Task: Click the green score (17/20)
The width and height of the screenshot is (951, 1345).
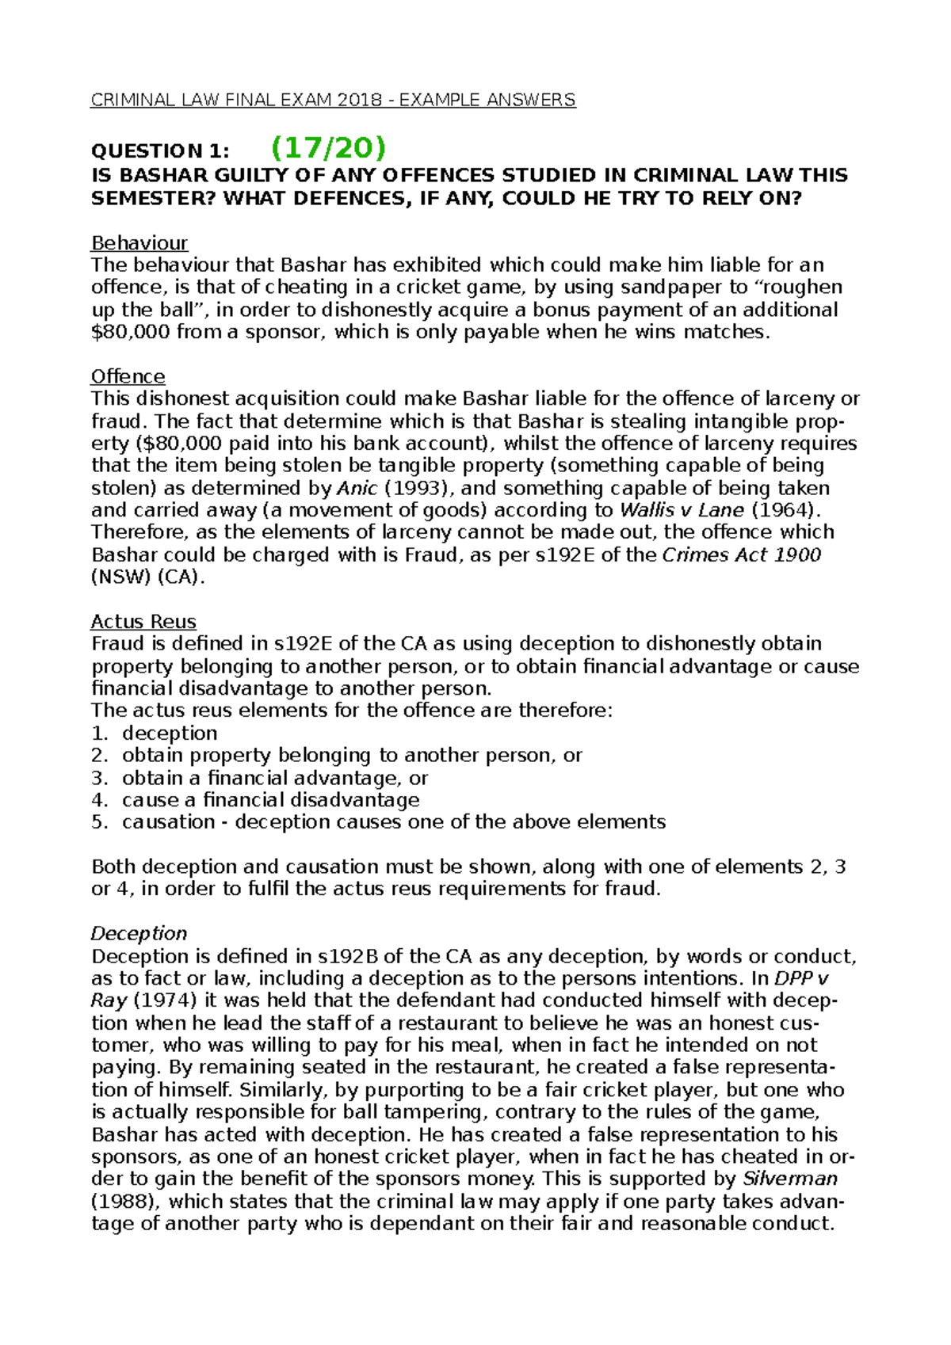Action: pyautogui.click(x=327, y=147)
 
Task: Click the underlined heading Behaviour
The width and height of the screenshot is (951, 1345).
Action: pyautogui.click(x=139, y=242)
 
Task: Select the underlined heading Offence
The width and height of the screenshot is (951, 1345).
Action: pyautogui.click(x=128, y=376)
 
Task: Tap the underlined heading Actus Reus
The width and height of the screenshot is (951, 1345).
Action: pyautogui.click(x=143, y=621)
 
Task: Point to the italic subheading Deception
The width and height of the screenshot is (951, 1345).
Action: pyautogui.click(x=139, y=933)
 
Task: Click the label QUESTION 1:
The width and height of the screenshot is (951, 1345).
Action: pyautogui.click(x=160, y=151)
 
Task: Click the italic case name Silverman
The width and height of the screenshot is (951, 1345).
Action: pyautogui.click(x=789, y=1179)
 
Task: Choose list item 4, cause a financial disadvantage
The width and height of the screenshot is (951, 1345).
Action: pyautogui.click(x=270, y=799)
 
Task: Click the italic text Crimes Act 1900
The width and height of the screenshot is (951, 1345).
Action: pyautogui.click(x=741, y=554)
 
